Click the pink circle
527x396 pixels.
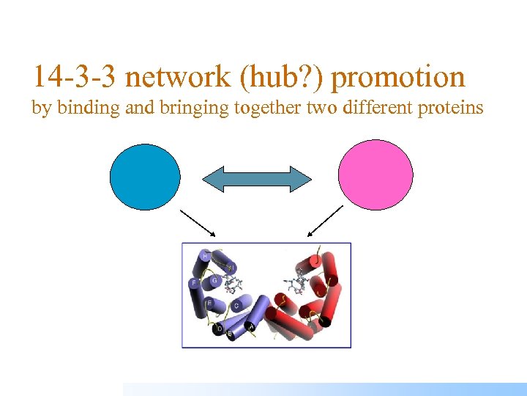[x=375, y=175]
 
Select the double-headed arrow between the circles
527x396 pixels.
[x=257, y=179]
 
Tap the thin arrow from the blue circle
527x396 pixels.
[x=197, y=222]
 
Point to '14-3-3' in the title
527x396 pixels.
[x=74, y=77]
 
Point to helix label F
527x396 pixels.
[x=194, y=282]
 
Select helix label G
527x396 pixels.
[x=214, y=279]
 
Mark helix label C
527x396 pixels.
[x=236, y=305]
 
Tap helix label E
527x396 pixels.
[x=209, y=302]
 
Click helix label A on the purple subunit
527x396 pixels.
[x=252, y=327]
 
